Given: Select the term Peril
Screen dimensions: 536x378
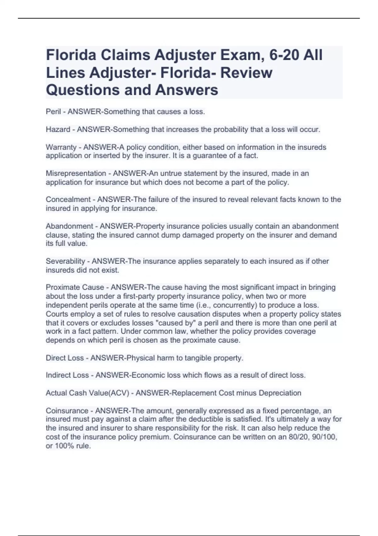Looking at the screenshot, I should pos(53,112).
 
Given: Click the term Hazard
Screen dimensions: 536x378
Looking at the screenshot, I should pos(58,130).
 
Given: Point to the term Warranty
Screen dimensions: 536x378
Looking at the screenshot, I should pos(61,147).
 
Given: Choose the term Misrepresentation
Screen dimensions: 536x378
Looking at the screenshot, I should pos(76,173).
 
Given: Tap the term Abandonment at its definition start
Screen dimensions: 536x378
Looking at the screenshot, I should pos(69,226).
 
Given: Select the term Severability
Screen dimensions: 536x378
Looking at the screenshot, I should pos(66,261).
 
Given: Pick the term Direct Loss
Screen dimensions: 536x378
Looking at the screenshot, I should pos(65,358).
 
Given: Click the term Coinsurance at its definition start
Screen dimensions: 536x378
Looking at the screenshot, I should pos(67,411).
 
